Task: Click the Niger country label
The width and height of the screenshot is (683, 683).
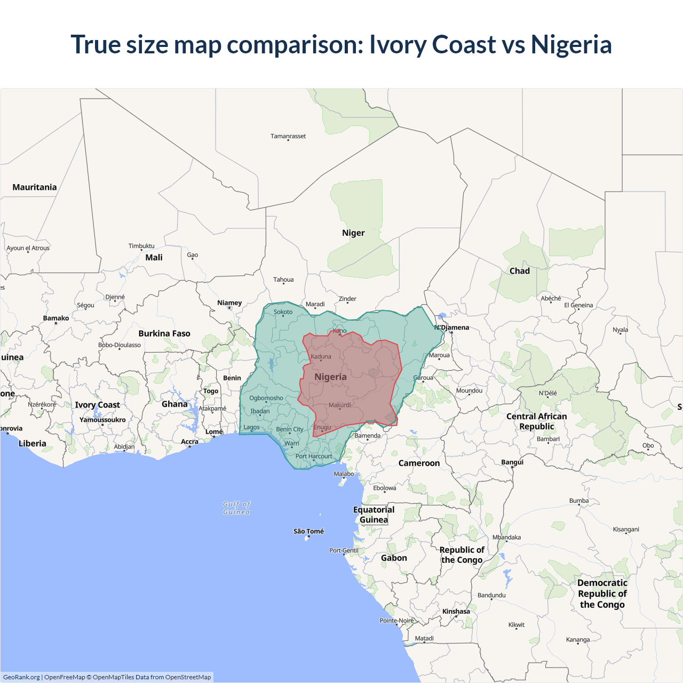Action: [353, 233]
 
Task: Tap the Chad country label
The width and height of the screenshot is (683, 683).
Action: [519, 271]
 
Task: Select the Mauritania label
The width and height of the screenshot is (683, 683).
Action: [35, 187]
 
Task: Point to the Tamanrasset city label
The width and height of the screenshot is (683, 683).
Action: [288, 136]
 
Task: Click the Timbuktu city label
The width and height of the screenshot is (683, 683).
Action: [141, 246]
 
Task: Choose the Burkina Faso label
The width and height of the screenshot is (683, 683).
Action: [164, 333]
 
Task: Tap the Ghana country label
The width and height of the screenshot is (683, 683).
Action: [174, 404]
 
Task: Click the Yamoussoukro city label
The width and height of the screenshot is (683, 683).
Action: [102, 420]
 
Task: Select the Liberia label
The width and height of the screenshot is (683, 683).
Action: [33, 443]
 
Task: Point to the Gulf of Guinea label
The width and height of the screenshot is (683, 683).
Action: [236, 508]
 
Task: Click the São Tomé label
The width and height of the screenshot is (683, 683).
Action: [308, 531]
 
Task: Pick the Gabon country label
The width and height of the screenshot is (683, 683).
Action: [394, 558]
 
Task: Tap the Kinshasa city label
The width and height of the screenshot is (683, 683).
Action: [456, 611]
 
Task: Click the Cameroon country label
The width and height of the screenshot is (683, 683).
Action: [419, 463]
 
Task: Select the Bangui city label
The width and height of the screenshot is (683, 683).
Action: [512, 462]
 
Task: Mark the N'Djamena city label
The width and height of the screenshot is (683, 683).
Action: [452, 328]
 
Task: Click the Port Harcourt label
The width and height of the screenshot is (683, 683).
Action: [314, 456]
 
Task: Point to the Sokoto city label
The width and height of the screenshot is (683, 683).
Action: [283, 312]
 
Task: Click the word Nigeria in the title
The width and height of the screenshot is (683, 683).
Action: [571, 44]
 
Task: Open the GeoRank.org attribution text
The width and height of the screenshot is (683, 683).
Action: [21, 677]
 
